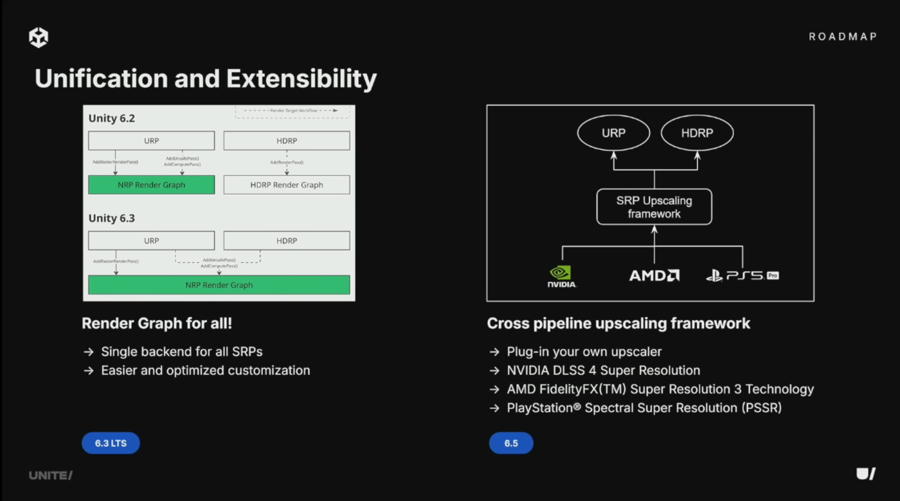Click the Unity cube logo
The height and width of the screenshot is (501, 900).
pyautogui.click(x=39, y=37)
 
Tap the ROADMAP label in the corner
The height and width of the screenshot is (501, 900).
pyautogui.click(x=842, y=37)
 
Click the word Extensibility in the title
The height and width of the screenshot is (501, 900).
pyautogui.click(x=301, y=78)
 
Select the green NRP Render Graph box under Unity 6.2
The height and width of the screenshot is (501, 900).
pyautogui.click(x=151, y=185)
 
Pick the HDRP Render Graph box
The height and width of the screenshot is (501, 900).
pyautogui.click(x=287, y=185)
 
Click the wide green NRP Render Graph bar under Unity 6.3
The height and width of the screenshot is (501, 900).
pyautogui.click(x=219, y=285)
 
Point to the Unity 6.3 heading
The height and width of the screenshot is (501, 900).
pyautogui.click(x=112, y=218)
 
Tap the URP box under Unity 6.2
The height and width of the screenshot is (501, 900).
pyautogui.click(x=151, y=141)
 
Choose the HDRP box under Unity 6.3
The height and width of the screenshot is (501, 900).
pyautogui.click(x=287, y=241)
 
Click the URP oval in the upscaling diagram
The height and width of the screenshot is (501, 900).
pyautogui.click(x=613, y=133)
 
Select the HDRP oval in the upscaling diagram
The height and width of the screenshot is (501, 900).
pyautogui.click(x=697, y=133)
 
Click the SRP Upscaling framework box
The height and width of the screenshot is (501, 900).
pyautogui.click(x=654, y=206)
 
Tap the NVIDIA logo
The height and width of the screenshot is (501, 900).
pyautogui.click(x=561, y=276)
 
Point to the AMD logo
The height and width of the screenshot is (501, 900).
pyautogui.click(x=654, y=275)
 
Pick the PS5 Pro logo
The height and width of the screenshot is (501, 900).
pyautogui.click(x=742, y=275)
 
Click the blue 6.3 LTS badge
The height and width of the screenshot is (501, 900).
pyautogui.click(x=111, y=443)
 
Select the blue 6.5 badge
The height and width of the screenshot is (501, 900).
pyautogui.click(x=511, y=443)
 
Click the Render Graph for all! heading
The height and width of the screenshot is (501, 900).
pyautogui.click(x=157, y=323)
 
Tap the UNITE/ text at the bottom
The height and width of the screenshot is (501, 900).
pyautogui.click(x=51, y=475)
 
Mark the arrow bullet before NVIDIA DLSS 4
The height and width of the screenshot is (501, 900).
pyautogui.click(x=494, y=370)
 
